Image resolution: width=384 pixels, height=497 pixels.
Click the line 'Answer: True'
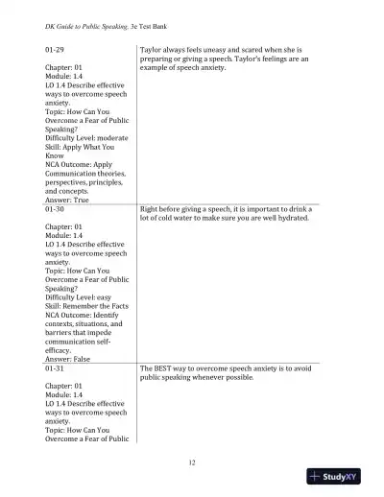68,200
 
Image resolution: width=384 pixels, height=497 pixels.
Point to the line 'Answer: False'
69,360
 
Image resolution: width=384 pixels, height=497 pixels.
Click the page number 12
192,462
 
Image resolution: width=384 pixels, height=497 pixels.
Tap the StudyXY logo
341,477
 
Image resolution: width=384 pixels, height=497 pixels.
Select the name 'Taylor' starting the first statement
153,47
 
